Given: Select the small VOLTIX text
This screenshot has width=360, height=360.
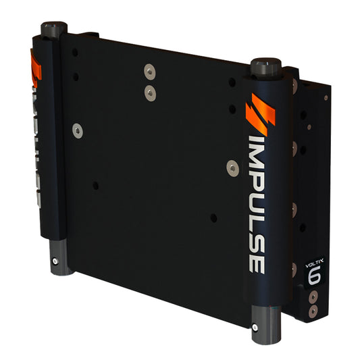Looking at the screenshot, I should point(313,257).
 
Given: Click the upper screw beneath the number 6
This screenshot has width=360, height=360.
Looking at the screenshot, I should point(313,298).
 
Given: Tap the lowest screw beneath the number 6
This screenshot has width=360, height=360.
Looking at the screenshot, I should point(313,311).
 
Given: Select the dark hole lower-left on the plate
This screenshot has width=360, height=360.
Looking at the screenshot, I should point(95,185).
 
